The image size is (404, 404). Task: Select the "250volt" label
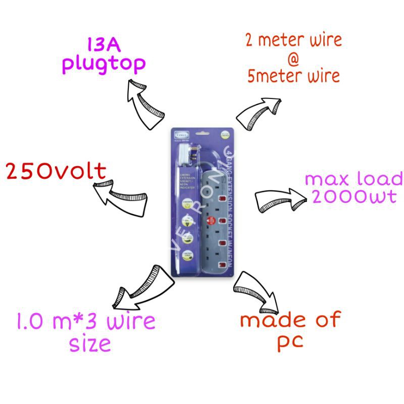coord(56,172)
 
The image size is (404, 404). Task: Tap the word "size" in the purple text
coord(90,344)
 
